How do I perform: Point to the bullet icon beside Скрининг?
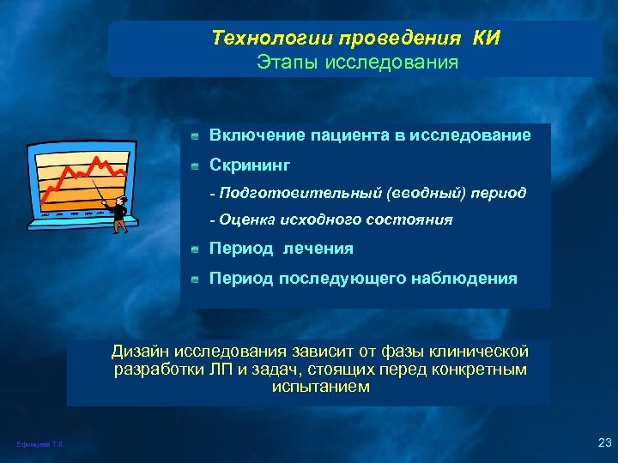point(196,165)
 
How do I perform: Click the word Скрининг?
point(251,163)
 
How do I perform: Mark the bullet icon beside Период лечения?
point(196,250)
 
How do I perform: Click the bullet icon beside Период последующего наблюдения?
point(196,279)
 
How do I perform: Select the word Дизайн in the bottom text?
point(141,351)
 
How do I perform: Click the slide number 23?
point(602,442)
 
